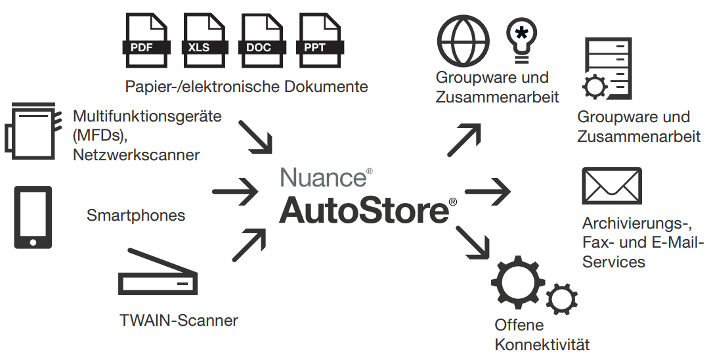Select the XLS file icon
coord(203,41)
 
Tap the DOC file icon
coord(260,41)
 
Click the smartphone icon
coord(33,217)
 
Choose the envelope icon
coord(612,186)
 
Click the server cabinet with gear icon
coord(609,68)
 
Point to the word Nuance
coord(323,177)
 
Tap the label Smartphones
coord(136,215)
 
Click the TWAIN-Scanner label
coord(179,321)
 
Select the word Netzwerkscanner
coord(137,155)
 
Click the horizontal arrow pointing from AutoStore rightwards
coord(488,192)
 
